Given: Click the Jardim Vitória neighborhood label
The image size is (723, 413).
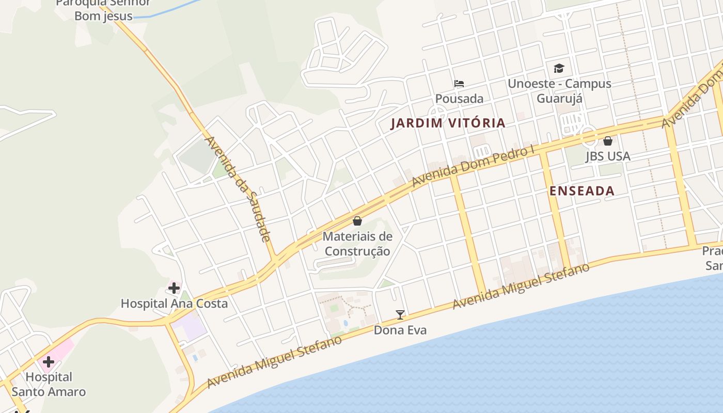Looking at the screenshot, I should (448, 123).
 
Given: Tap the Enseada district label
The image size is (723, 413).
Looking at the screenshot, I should (582, 191).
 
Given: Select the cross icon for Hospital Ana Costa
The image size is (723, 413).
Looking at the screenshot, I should (174, 288).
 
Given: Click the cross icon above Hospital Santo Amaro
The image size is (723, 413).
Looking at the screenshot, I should (49, 361).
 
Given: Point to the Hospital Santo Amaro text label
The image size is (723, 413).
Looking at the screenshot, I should (49, 385).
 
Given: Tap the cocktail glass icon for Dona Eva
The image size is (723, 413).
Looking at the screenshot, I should (400, 314).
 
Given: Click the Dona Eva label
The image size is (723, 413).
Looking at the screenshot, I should (400, 330).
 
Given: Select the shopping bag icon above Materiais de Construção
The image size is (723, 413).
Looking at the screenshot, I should (357, 221).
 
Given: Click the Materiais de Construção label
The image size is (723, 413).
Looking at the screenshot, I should (357, 244).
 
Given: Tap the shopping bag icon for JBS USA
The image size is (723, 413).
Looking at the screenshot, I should (608, 140).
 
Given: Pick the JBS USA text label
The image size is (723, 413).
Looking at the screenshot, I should (608, 156).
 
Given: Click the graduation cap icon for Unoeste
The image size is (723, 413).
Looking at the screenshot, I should (559, 68).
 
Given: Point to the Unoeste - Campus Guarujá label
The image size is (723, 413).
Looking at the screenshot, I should (559, 90).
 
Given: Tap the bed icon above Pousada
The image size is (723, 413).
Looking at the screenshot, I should (459, 83).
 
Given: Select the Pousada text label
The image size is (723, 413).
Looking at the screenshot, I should (459, 99).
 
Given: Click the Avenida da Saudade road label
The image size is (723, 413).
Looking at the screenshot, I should (238, 188).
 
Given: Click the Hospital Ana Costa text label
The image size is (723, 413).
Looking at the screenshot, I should (174, 303).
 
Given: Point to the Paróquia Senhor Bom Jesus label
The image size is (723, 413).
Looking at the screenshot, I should (103, 9).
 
